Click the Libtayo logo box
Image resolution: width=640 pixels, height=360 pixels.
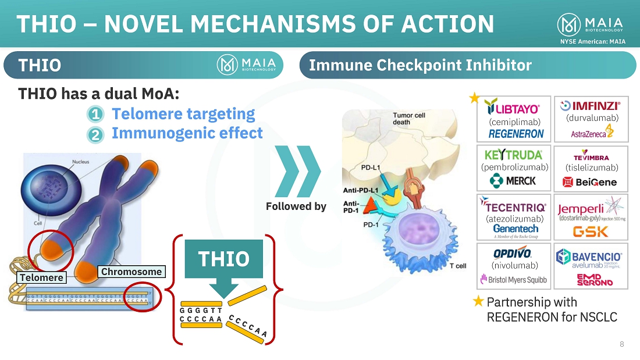(514, 119)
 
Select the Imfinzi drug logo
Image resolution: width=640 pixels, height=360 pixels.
(591, 119)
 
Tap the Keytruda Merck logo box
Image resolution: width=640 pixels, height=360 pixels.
(514, 168)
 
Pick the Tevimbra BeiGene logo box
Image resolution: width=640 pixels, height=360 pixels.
(591, 168)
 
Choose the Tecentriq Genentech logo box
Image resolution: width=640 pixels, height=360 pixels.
(514, 217)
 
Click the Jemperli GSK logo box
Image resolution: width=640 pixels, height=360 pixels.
(591, 217)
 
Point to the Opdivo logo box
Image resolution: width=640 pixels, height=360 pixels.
(514, 266)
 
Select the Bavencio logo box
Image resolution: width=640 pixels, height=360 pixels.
(591, 266)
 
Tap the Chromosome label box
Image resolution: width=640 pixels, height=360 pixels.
(131, 272)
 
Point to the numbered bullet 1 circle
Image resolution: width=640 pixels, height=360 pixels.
(97, 115)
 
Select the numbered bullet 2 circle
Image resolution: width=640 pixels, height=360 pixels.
(97, 134)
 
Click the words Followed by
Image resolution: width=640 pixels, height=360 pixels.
(296, 206)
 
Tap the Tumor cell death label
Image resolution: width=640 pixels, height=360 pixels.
(408, 119)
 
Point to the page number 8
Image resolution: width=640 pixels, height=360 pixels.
(621, 344)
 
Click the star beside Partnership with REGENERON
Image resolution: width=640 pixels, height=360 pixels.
(478, 301)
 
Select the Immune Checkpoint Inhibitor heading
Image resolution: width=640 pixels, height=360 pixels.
(420, 65)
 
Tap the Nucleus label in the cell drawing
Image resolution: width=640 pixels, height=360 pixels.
(80, 162)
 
